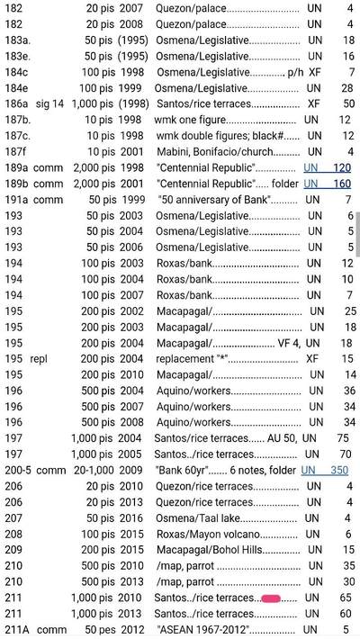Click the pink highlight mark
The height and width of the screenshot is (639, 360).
click(x=269, y=598)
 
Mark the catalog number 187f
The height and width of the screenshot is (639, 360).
click(x=16, y=152)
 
